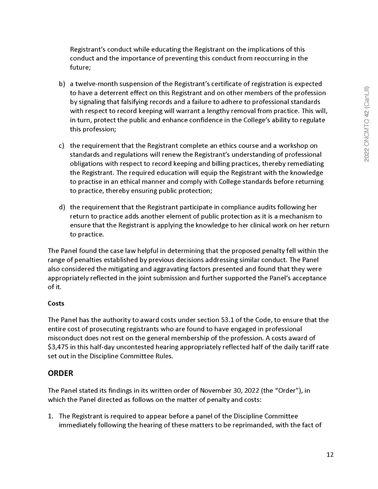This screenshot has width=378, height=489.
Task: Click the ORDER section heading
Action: tap(61, 373)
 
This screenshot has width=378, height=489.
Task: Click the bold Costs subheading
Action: tap(56, 303)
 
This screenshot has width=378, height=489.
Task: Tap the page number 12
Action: tap(330, 454)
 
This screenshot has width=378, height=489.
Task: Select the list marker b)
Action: tap(62, 84)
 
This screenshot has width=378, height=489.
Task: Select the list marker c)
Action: tap(61, 145)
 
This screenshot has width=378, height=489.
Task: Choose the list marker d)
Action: tap(62, 207)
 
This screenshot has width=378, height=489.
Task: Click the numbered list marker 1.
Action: tap(50, 416)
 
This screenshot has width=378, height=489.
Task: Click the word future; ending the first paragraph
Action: tap(80, 68)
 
